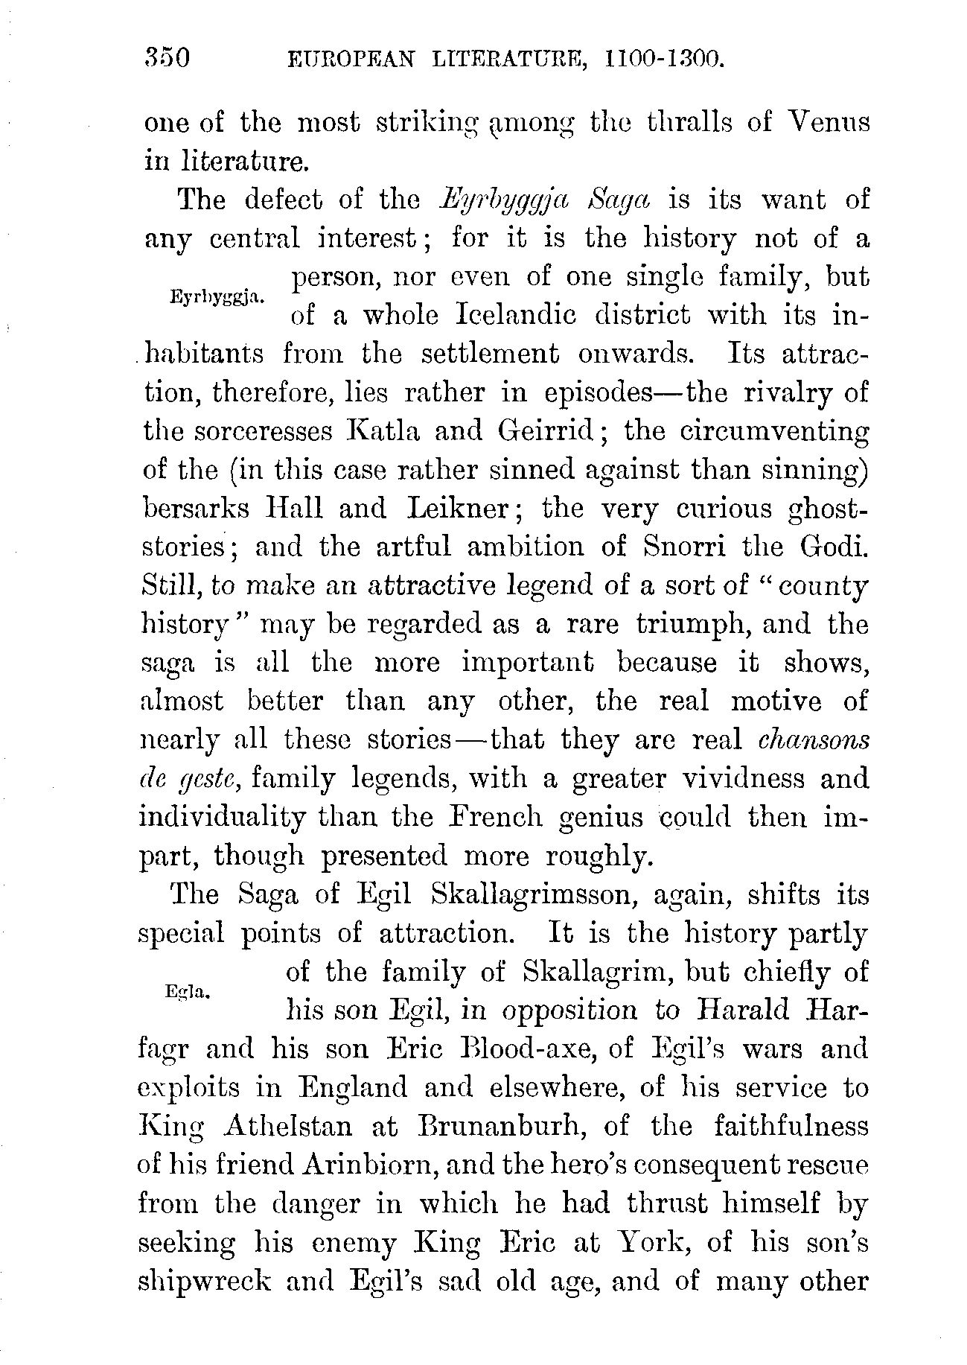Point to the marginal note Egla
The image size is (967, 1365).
point(191,990)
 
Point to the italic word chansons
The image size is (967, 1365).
point(813,739)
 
